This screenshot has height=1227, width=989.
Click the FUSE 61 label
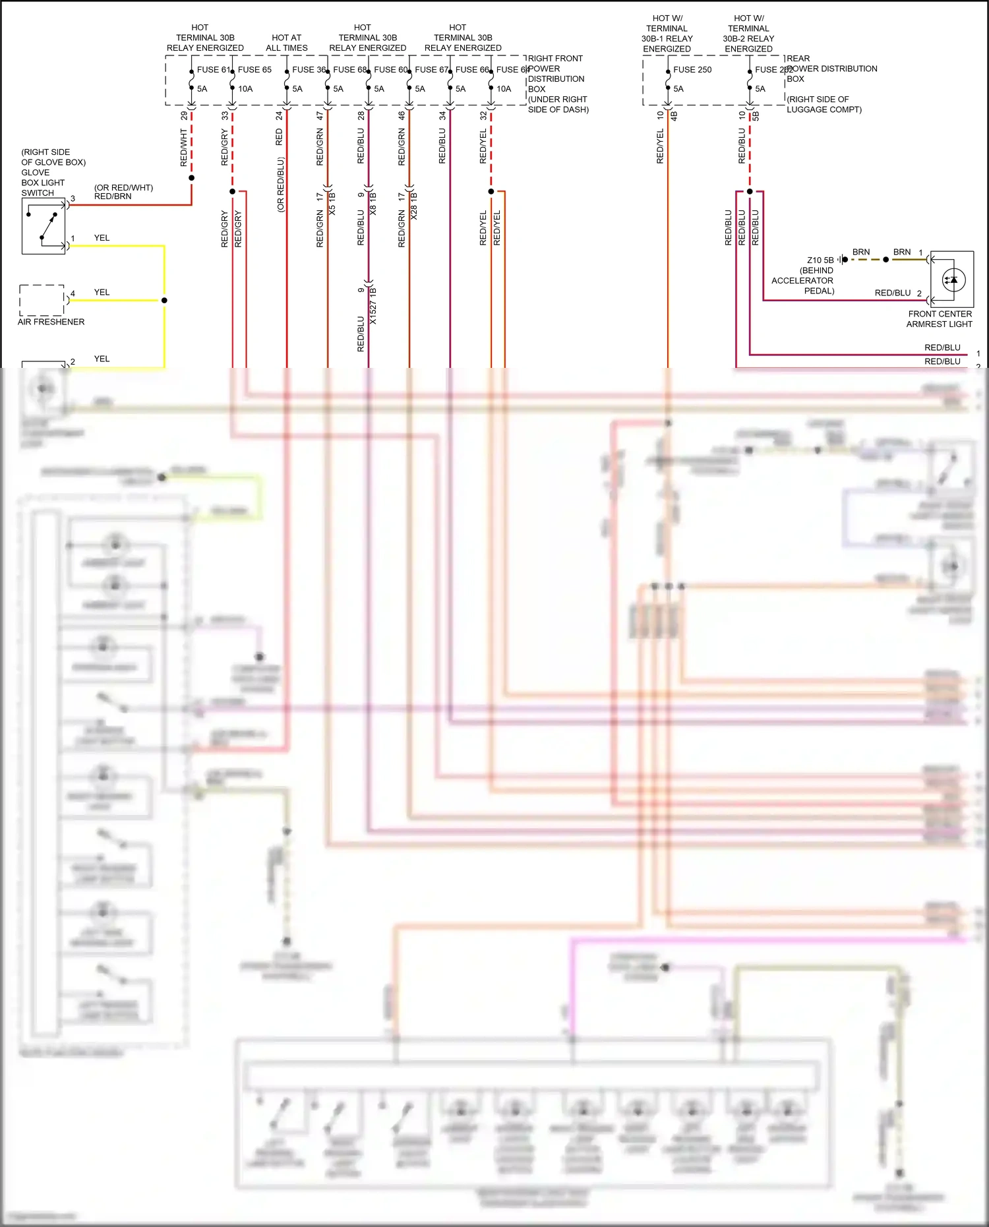point(213,69)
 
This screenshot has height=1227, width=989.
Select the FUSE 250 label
point(692,69)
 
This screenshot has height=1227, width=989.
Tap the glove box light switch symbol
point(44,226)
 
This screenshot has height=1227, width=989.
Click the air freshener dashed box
point(42,300)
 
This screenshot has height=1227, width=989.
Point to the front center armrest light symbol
point(953,280)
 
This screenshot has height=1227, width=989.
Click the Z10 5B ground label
point(820,260)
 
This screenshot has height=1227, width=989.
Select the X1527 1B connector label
point(373,305)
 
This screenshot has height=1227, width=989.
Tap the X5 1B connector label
point(332,204)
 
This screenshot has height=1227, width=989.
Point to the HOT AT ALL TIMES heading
point(286,43)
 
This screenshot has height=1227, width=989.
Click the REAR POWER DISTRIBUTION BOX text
point(831,69)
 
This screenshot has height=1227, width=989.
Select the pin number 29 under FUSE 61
point(184,115)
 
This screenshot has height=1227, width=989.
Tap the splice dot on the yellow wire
point(164,300)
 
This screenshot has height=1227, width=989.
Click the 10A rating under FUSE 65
point(245,88)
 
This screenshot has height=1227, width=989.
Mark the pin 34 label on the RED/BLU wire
point(442,115)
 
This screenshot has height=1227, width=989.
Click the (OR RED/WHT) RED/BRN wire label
point(123,192)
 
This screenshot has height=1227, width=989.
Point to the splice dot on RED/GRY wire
point(232,191)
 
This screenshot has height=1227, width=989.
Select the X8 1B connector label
point(373,204)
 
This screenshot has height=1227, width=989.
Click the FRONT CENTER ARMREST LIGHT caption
point(940,319)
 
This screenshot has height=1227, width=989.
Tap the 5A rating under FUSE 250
point(678,88)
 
